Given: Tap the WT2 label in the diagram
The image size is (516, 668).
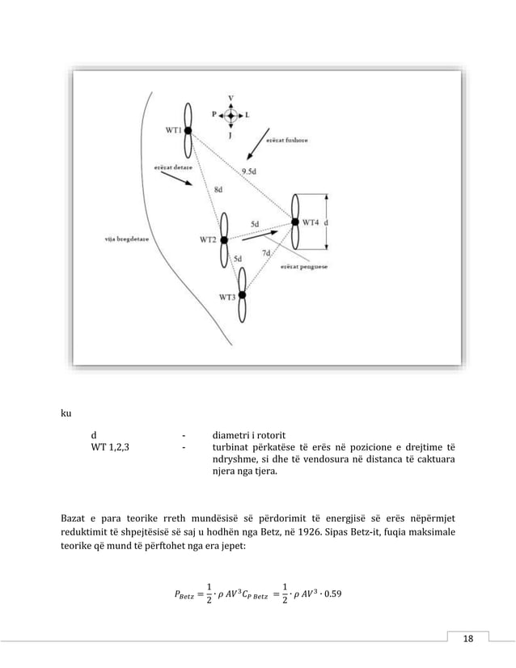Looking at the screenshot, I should [x=208, y=239].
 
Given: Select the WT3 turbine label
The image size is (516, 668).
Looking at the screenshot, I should [x=228, y=297].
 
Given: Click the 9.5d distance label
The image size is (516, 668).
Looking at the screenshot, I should [x=252, y=171].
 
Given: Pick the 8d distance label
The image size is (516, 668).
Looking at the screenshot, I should [x=219, y=189].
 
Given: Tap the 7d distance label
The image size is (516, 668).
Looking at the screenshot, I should [x=266, y=253].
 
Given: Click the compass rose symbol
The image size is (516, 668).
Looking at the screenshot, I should [x=232, y=116].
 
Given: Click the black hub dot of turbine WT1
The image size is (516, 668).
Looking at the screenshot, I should [x=188, y=129].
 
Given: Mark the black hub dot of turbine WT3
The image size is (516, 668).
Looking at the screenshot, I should [x=242, y=296].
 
